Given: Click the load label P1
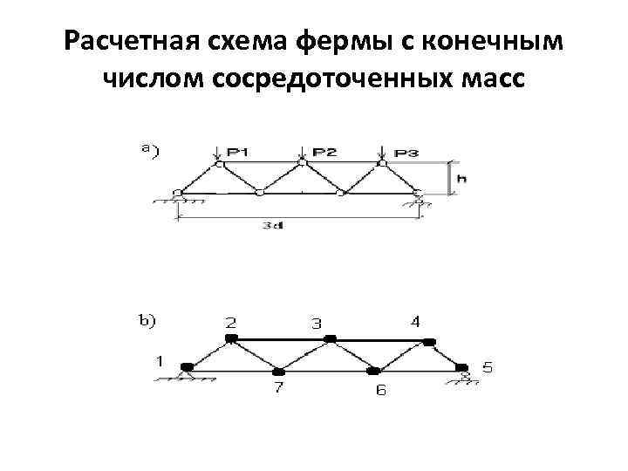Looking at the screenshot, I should (236, 153).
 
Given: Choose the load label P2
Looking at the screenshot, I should (324, 152).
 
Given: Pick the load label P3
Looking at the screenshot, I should (406, 154).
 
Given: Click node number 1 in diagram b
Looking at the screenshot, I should (159, 358).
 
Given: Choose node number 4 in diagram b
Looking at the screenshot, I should (415, 321).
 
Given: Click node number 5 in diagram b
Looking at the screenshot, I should (487, 367).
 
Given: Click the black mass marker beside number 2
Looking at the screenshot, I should (230, 338).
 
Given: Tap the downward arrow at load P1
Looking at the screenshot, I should (216, 154).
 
